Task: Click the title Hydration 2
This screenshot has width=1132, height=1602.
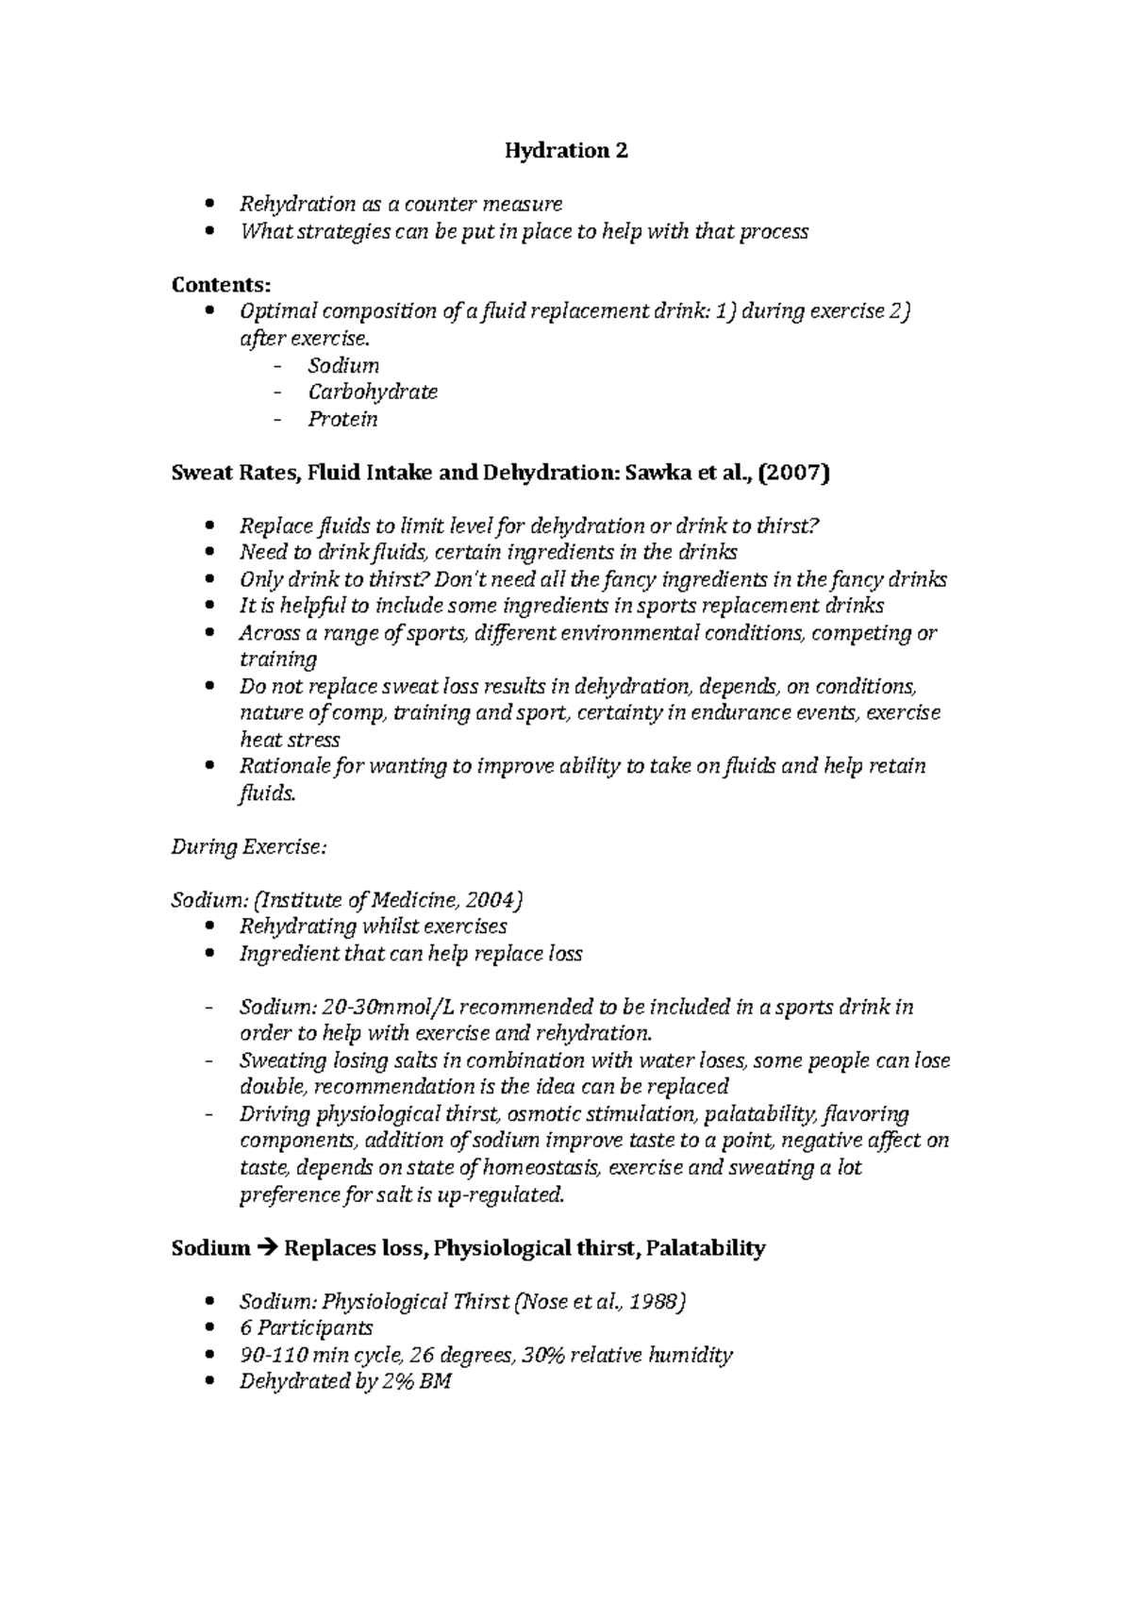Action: point(565,151)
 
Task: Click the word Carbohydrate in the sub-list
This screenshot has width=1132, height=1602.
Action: point(373,392)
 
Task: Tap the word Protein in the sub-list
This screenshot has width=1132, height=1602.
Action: point(342,419)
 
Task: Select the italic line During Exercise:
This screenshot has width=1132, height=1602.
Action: point(248,847)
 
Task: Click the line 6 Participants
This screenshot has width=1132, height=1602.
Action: point(306,1329)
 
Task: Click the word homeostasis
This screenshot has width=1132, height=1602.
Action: point(541,1168)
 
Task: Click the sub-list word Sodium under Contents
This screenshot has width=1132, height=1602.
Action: point(343,365)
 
